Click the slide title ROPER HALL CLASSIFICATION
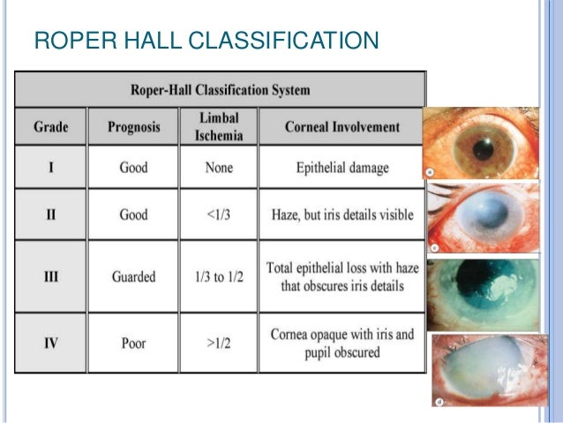pyautogui.click(x=206, y=40)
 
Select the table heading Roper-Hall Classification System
pyautogui.click(x=221, y=89)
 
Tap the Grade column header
pyautogui.click(x=51, y=126)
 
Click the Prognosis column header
pyautogui.click(x=133, y=126)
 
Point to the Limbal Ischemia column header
pyautogui.click(x=217, y=126)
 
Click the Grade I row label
pyautogui.click(x=51, y=167)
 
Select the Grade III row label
pyautogui.click(x=51, y=276)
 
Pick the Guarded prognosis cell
pyautogui.click(x=133, y=276)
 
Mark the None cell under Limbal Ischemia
pyautogui.click(x=217, y=167)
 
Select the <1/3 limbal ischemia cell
pyautogui.click(x=217, y=214)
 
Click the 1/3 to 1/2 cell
pyautogui.click(x=217, y=276)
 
